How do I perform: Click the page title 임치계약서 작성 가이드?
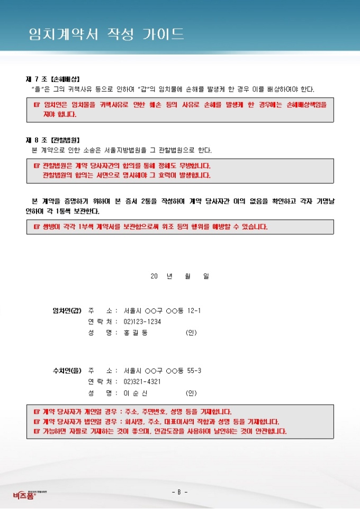[106, 34]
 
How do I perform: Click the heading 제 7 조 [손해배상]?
[53, 79]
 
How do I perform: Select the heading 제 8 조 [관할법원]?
[53, 140]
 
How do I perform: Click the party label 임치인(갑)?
[66, 310]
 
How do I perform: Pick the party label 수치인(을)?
[66, 370]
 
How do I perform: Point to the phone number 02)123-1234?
[142, 321]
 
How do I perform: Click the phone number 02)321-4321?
[142, 381]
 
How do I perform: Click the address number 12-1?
[194, 310]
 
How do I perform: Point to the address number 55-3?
[194, 370]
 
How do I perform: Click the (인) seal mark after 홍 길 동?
[191, 333]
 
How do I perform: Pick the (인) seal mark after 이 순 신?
[191, 393]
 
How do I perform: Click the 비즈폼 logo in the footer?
[24, 494]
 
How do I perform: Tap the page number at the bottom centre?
[179, 493]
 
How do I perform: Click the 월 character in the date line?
[187, 276]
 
